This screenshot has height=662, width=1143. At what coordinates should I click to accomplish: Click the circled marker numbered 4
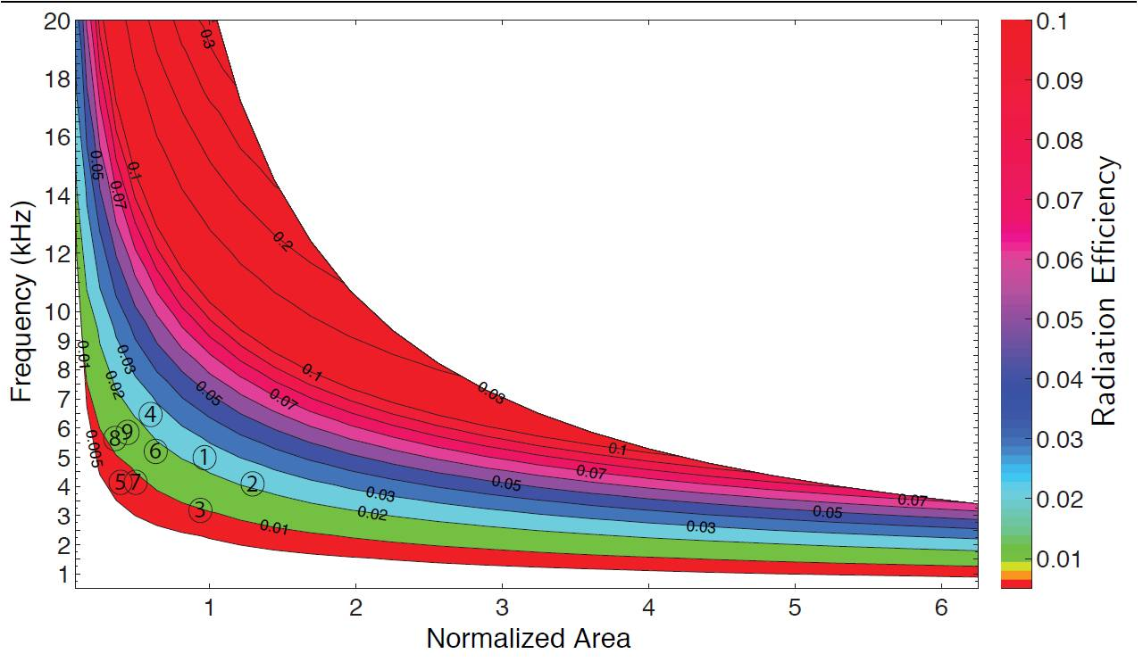(151, 415)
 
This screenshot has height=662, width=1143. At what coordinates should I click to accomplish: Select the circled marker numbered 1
(204, 458)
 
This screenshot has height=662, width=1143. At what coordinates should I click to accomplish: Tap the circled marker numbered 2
(253, 484)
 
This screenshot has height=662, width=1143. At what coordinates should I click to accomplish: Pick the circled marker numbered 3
(200, 511)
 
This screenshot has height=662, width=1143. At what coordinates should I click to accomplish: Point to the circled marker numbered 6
(156, 451)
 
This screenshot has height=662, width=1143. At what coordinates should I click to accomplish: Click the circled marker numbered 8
(114, 438)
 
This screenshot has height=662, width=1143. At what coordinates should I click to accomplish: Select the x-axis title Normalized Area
(528, 639)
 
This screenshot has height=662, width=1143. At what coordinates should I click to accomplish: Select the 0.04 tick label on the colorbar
(1058, 379)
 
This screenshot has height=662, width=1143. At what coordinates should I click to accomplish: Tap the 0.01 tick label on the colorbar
(1058, 559)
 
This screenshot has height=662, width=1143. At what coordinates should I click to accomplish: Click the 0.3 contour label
(206, 38)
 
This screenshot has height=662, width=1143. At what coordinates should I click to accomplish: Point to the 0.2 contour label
(281, 241)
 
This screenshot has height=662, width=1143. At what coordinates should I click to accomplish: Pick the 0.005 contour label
(93, 448)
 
